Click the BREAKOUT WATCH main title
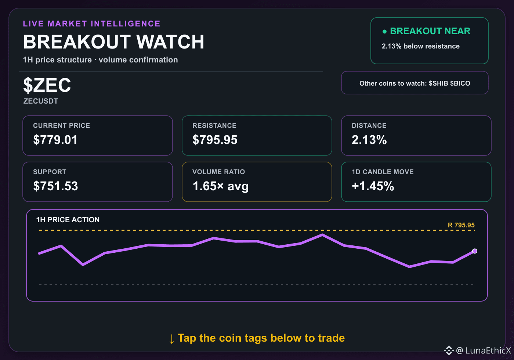coord(113,42)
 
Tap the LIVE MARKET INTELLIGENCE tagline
coord(91,24)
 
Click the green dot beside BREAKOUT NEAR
coord(385,32)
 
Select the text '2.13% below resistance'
coord(421,46)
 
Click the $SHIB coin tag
coord(438,83)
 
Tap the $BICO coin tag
coord(460,83)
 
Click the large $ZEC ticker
coord(47,85)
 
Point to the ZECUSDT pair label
coord(41,101)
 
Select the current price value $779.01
coord(55,140)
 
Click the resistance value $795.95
coord(215,140)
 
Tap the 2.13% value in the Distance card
coord(369,140)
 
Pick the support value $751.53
coord(55,186)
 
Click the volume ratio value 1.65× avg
coord(221,186)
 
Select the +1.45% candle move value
coord(373,186)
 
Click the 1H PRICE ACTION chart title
coord(68,220)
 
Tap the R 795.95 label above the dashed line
coord(461,225)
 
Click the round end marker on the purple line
coord(475,251)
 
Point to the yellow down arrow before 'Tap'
coord(171,339)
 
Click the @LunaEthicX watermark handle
coord(484,350)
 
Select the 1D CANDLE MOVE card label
coord(383,172)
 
